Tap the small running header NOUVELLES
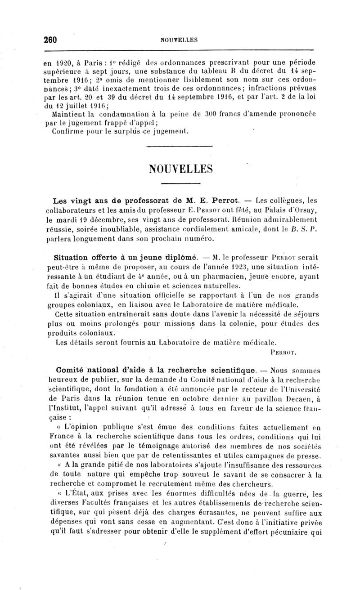[179, 40]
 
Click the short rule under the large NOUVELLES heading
[180, 184]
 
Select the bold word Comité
[68, 371]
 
